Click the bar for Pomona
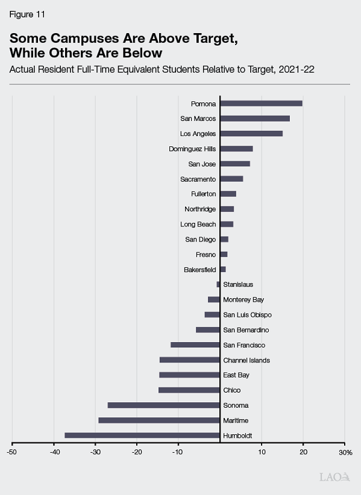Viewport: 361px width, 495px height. click(261, 104)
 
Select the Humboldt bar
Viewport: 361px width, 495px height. click(142, 435)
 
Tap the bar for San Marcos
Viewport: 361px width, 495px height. click(254, 119)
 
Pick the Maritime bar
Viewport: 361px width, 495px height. click(159, 420)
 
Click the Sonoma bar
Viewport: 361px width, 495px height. click(163, 405)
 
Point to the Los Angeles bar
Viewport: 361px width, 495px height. click(251, 134)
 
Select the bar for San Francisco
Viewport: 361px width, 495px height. click(195, 345)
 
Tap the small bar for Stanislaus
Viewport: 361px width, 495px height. click(218, 284)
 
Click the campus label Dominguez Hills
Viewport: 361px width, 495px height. click(192, 149)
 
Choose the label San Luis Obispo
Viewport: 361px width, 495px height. click(247, 315)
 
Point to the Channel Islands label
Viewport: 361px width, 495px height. click(246, 360)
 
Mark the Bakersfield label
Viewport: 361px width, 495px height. click(199, 270)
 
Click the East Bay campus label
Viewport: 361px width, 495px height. click(236, 375)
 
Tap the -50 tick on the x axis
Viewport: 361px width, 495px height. click(12, 452)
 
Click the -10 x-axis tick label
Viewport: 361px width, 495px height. click(178, 452)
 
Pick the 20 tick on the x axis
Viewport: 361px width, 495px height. click(303, 452)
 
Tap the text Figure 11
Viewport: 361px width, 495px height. click(27, 14)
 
